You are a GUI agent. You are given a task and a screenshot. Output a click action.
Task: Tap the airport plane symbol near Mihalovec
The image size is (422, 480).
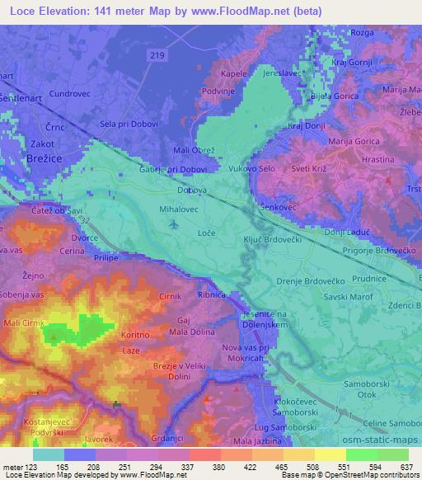[x=172, y=224]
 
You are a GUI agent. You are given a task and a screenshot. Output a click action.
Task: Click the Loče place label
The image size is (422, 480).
[x=207, y=234]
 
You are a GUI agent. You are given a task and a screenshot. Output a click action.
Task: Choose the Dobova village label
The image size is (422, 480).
[x=191, y=191]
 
